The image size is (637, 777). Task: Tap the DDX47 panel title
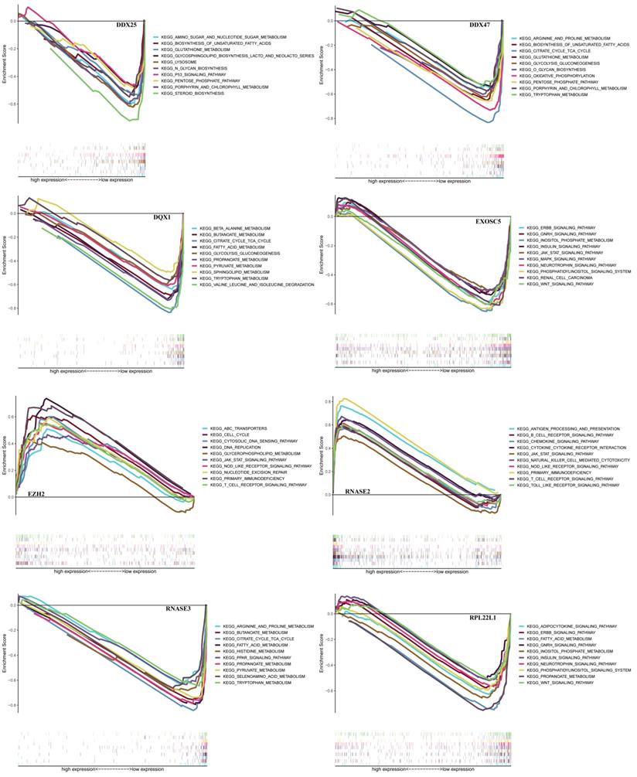point(481,26)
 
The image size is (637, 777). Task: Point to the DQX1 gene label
point(164,219)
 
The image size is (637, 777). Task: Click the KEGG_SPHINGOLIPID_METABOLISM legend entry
point(234,272)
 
